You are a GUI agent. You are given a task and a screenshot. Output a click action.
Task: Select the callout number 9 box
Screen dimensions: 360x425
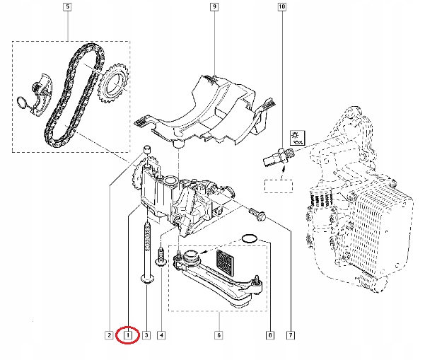[x=213, y=8]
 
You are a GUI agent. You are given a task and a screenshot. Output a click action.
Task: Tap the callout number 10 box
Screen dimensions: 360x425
[x=282, y=8]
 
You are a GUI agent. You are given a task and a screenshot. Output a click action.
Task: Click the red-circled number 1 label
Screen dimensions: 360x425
[x=128, y=335]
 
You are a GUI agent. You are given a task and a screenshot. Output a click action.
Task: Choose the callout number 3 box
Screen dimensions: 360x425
[x=146, y=335]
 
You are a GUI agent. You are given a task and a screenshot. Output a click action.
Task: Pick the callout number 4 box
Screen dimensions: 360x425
[x=162, y=335]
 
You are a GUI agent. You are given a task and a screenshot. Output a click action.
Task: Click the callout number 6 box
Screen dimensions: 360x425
[x=219, y=335]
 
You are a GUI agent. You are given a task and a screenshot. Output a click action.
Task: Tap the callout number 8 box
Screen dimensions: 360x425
[x=269, y=335]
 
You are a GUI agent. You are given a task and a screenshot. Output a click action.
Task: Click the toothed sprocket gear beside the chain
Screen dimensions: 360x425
[x=112, y=88]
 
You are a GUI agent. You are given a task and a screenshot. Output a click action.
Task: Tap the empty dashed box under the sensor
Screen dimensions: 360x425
[x=278, y=187]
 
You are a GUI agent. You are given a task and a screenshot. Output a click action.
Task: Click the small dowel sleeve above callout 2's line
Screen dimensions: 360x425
[x=147, y=149]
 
